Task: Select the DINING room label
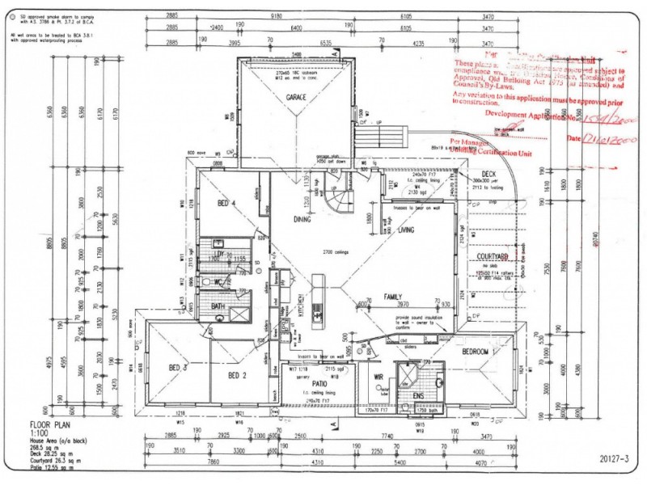coord(303,219)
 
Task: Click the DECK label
coord(488,174)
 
